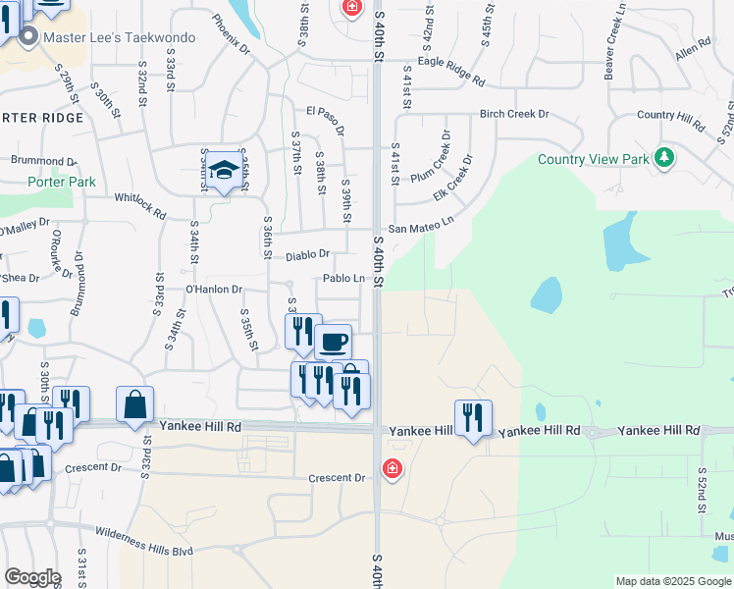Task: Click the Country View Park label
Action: tap(594, 159)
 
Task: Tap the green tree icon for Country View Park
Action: tap(664, 157)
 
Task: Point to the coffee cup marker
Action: tap(333, 341)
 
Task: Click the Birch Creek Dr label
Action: tap(513, 114)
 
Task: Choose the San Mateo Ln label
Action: tap(421, 228)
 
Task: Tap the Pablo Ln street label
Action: tap(344, 279)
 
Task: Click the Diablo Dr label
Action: tap(307, 255)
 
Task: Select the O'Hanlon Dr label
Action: tap(213, 290)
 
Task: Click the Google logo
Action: tap(32, 577)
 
